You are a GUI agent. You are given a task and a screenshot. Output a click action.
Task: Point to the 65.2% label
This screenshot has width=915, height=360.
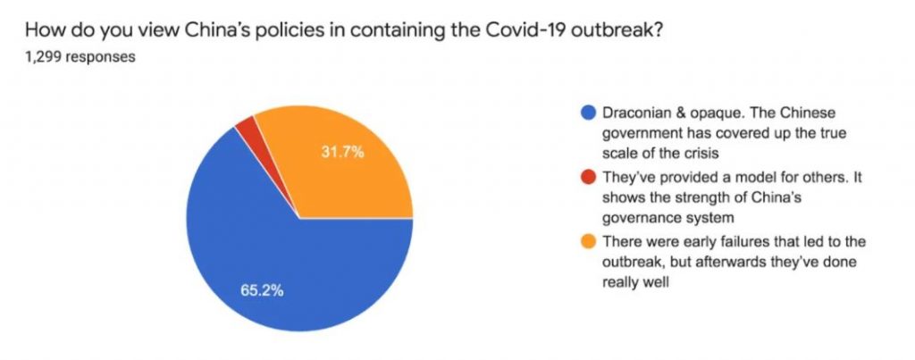coord(264,291)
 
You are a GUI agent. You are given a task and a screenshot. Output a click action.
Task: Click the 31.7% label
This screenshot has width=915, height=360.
coord(342,152)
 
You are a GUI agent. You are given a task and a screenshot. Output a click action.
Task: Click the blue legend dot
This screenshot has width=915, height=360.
coord(587,113)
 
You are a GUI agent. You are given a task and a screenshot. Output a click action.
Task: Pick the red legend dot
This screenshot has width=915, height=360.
coord(587,179)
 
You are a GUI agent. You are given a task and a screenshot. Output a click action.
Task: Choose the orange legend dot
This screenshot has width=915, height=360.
coord(587,243)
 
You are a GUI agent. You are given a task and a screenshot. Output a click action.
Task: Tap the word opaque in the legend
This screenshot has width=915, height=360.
coord(712,113)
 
